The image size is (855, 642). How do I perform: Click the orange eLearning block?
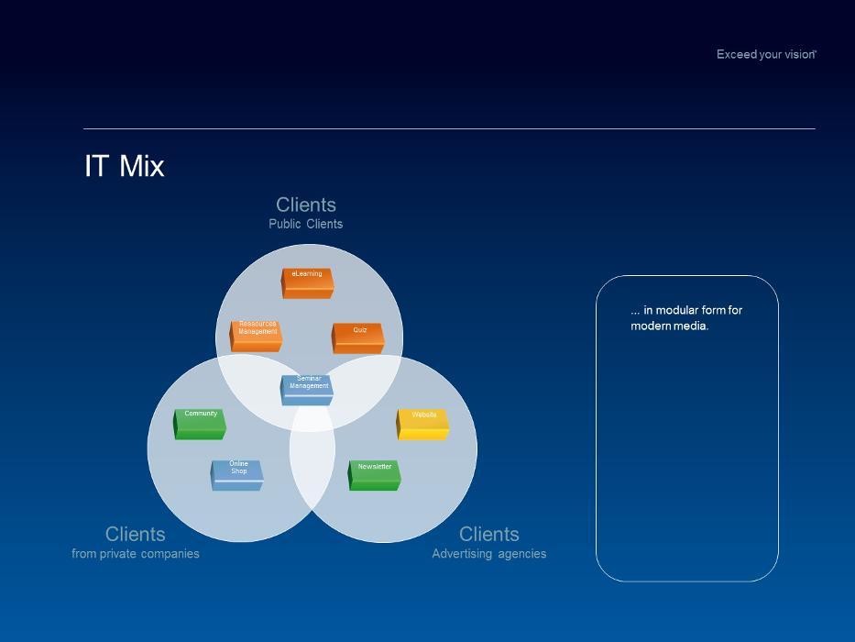pos(307,282)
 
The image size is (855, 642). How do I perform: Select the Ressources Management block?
pos(256,336)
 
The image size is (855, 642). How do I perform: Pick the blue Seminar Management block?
pos(307,390)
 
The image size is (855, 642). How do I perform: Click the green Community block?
pos(201,424)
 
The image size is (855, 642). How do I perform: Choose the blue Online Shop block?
pos(237,475)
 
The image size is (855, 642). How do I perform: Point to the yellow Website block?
pos(422,425)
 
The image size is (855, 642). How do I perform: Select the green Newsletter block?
pos(374,475)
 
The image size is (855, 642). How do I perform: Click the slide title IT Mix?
pos(125,166)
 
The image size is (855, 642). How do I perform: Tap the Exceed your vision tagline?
pos(765,55)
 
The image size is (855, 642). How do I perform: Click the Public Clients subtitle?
pos(305,224)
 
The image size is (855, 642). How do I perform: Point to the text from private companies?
pos(136,554)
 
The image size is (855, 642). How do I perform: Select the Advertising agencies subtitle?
pos(488,554)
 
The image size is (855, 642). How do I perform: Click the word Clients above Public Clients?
pos(306,205)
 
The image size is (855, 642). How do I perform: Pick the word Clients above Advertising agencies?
pos(488,534)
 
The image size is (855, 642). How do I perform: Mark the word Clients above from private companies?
pos(136,534)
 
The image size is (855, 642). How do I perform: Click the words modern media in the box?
pos(669,327)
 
